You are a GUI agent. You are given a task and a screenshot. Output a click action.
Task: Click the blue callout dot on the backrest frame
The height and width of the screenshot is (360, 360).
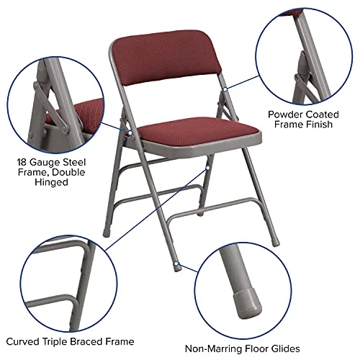point(225,89)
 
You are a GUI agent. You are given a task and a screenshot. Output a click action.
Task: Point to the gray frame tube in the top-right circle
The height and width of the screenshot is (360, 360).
point(310,54)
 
